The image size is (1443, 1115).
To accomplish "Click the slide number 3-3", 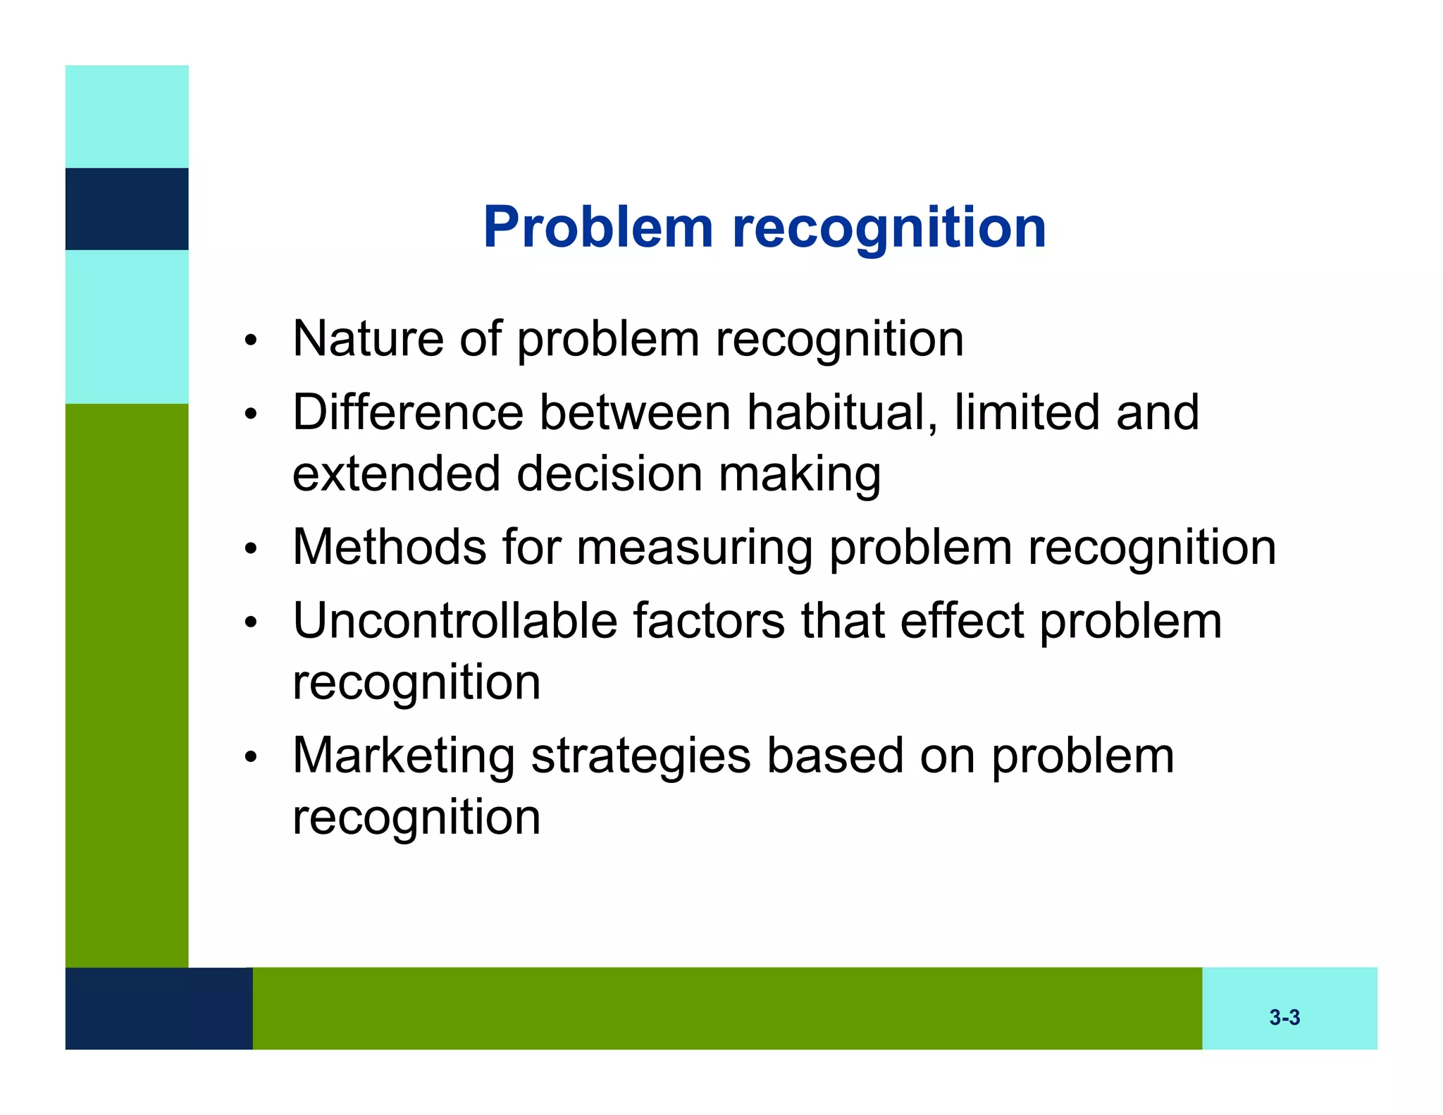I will click(1284, 1017).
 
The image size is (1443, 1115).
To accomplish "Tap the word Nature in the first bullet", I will click(368, 338).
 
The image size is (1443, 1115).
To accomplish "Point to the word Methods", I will click(390, 547).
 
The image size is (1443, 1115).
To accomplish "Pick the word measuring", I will click(695, 548).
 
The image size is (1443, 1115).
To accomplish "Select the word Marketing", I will click(404, 756).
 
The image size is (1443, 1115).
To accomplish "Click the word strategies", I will click(640, 756).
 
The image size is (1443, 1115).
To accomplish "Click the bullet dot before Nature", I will click(250, 341).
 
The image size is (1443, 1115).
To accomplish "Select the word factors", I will click(708, 621).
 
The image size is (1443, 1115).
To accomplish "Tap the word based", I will click(835, 756).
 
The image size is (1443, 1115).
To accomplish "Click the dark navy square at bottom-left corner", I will click(159, 1008).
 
